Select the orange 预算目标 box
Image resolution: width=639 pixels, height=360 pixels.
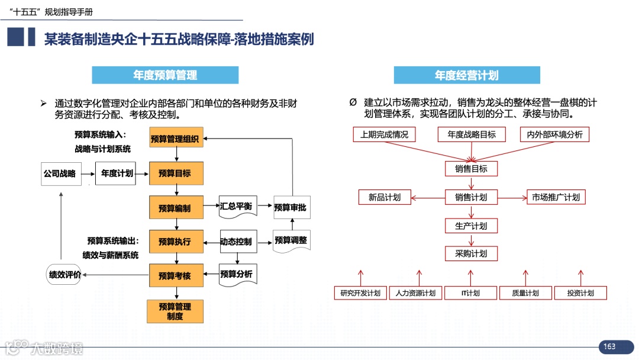coord(176,173)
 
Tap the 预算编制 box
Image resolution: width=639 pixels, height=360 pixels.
coord(176,208)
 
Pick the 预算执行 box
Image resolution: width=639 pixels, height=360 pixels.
coord(176,242)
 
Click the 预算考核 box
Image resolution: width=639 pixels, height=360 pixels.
coord(176,275)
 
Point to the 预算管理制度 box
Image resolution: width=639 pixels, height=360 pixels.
coord(175,311)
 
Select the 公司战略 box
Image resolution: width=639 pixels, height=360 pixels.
coord(60,173)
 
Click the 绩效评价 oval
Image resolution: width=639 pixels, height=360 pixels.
coord(64,274)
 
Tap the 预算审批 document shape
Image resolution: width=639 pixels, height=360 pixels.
coord(291,207)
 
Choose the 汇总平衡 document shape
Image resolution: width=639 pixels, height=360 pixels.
coord(237,206)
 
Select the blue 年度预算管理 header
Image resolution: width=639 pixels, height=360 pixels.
coord(165,75)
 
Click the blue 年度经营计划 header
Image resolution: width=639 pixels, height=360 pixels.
coord(467,75)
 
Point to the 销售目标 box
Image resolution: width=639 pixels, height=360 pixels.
coord(472,169)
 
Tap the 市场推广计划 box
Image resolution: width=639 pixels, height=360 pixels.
coord(556,197)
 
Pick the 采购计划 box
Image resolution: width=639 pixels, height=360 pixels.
coord(472,253)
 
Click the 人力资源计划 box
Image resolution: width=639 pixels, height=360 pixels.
coord(415,293)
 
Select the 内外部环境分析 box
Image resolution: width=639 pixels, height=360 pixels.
coord(554,134)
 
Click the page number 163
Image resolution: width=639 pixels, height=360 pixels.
coord(609,346)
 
